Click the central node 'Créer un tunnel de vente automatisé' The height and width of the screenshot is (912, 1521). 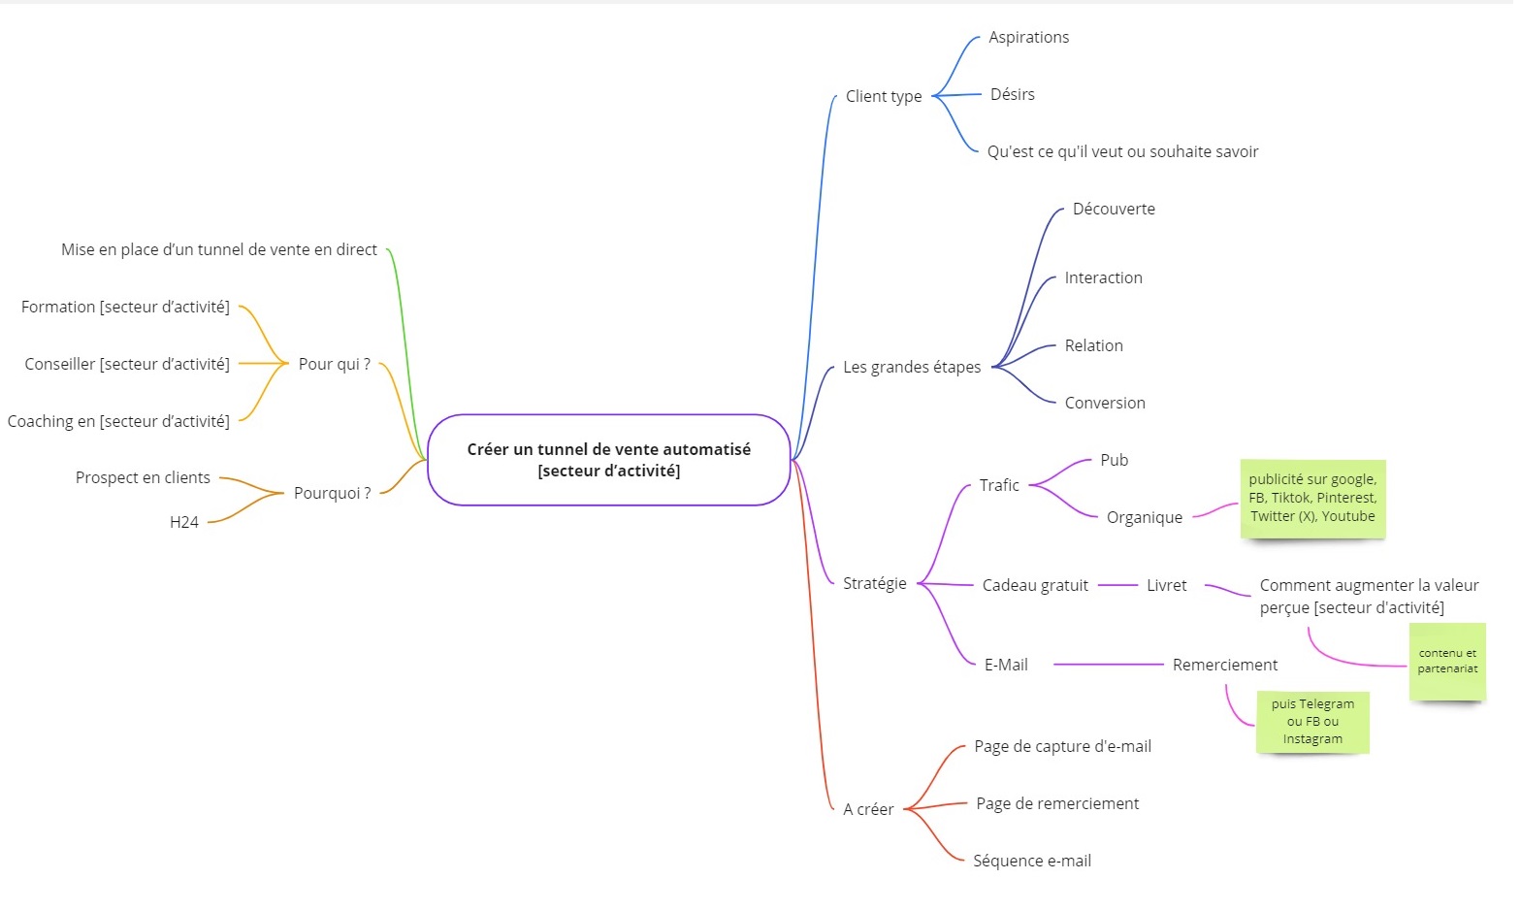click(x=608, y=460)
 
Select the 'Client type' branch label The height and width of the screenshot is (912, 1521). click(x=883, y=96)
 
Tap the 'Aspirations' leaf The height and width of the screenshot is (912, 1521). click(x=1028, y=37)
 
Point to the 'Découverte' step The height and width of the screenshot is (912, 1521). click(x=1113, y=209)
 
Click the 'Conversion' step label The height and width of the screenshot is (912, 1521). click(x=1104, y=403)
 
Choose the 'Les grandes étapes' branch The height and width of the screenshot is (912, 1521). click(x=911, y=367)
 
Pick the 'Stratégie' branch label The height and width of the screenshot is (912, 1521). click(x=874, y=583)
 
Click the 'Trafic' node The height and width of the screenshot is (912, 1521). click(x=998, y=485)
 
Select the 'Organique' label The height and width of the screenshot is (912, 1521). click(x=1144, y=517)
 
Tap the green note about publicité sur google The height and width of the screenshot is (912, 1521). click(x=1312, y=499)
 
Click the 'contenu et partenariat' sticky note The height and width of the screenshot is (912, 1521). click(x=1446, y=662)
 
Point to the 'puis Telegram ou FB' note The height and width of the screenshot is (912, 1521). click(x=1311, y=722)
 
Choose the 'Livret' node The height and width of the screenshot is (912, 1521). click(x=1166, y=585)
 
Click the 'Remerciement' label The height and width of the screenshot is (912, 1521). click(x=1224, y=665)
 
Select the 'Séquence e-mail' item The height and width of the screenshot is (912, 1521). click(x=1031, y=861)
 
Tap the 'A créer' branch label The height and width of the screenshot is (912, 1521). click(x=867, y=809)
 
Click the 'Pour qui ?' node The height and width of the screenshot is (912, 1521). click(x=334, y=364)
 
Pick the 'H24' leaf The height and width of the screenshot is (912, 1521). click(x=183, y=522)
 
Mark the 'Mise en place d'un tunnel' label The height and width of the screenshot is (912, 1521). click(x=218, y=249)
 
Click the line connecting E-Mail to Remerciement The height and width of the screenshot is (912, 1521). click(x=1108, y=665)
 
